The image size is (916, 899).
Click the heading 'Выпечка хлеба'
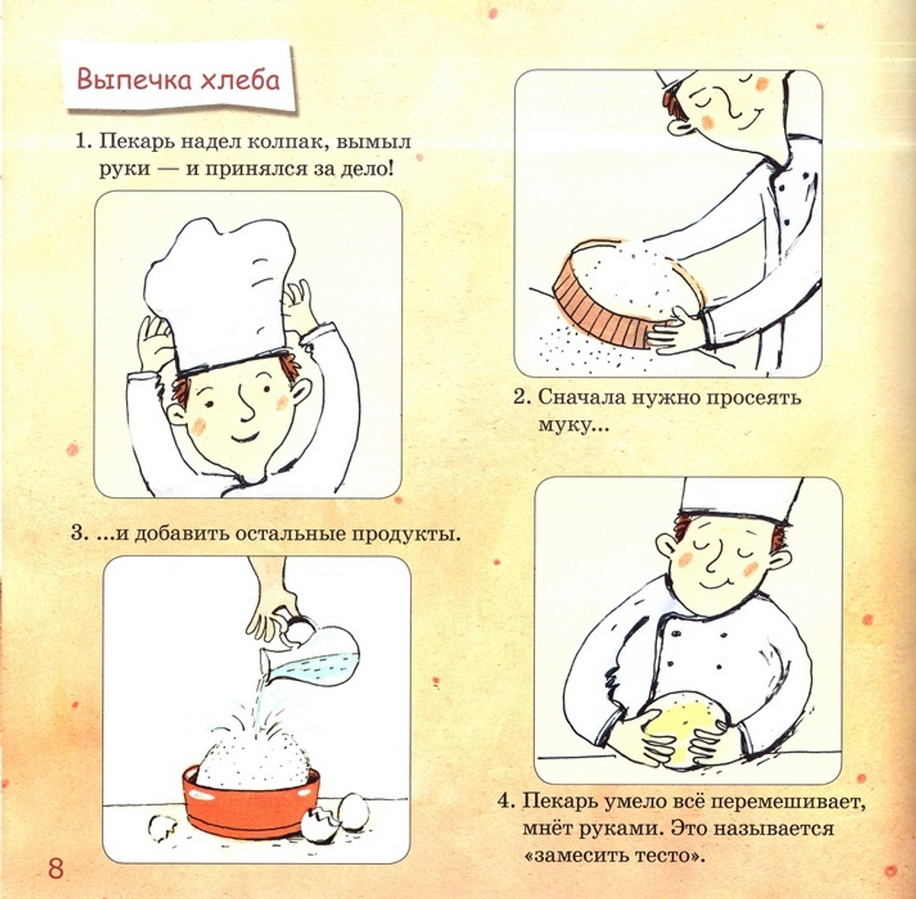point(179,78)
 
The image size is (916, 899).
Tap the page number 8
point(56,868)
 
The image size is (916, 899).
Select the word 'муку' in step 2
point(571,425)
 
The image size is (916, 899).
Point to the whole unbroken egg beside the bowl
point(353,811)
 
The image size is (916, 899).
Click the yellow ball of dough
point(683,729)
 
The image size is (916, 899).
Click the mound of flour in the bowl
point(253,756)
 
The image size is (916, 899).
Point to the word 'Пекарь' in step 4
point(559,802)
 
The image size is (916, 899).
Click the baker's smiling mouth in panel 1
point(245,436)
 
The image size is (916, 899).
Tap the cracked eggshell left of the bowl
point(163,828)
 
